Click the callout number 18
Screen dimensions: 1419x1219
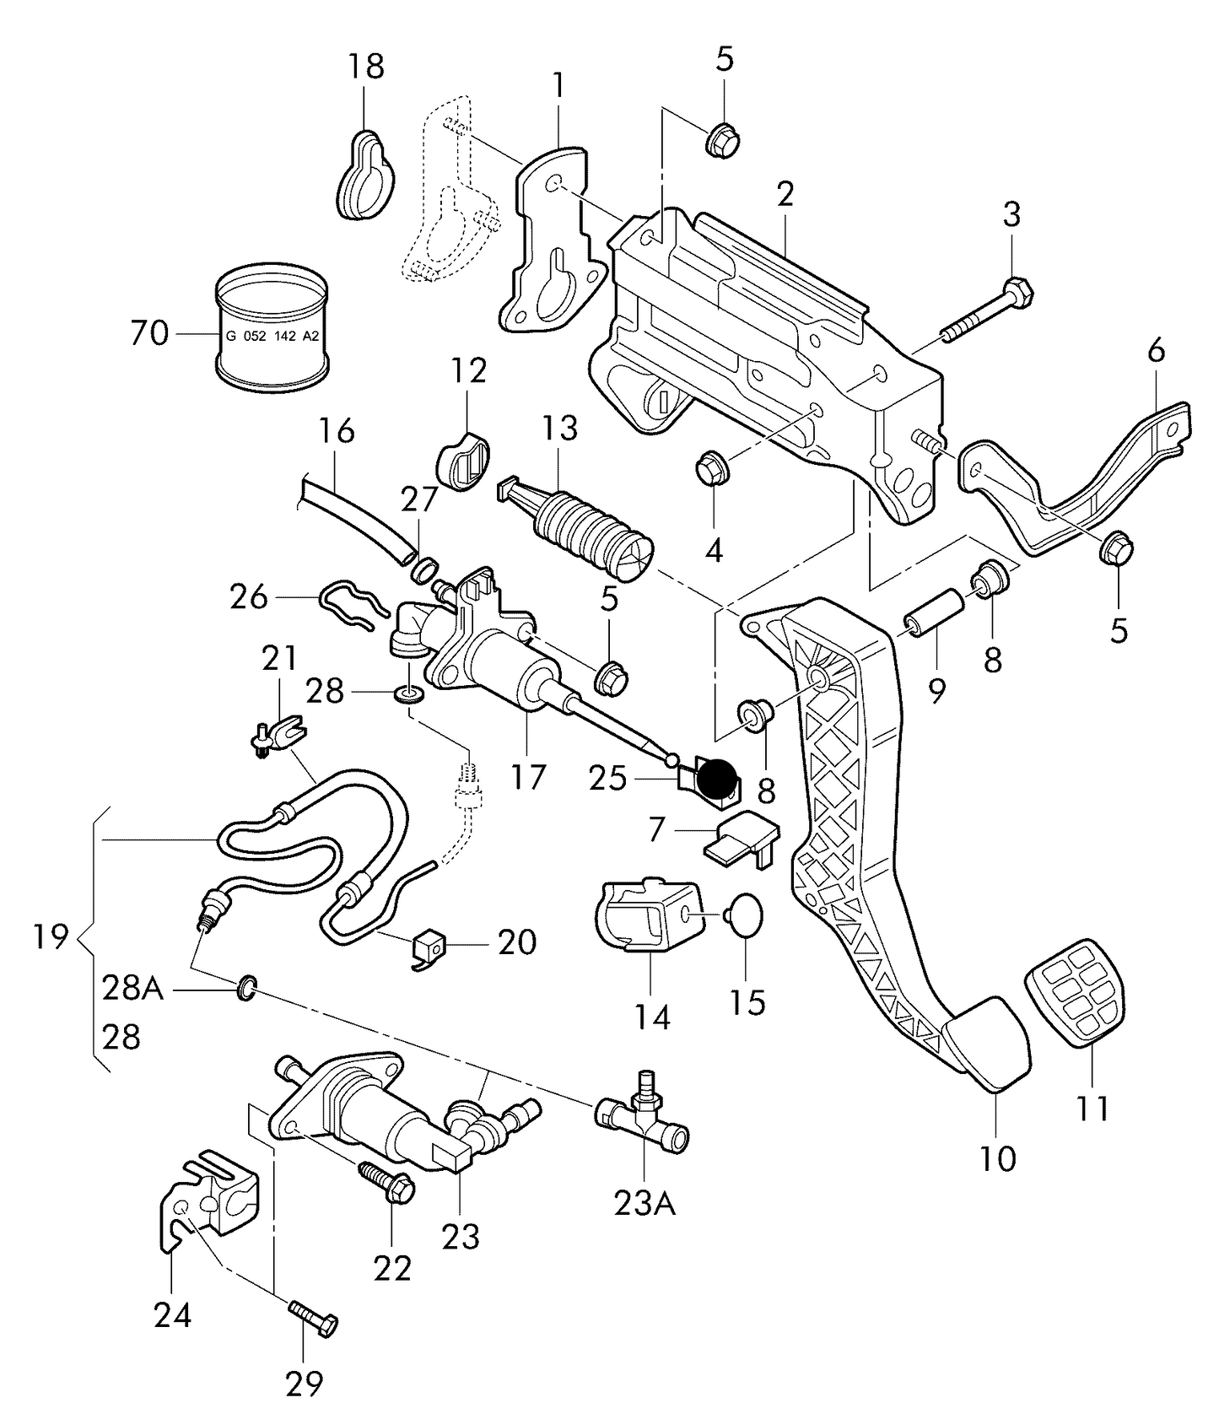click(x=366, y=66)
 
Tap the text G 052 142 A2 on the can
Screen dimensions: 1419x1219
click(x=272, y=336)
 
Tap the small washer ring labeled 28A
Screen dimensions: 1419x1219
click(x=245, y=987)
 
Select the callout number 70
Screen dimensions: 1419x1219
click(x=149, y=333)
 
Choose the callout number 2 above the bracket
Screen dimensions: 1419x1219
click(x=785, y=195)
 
